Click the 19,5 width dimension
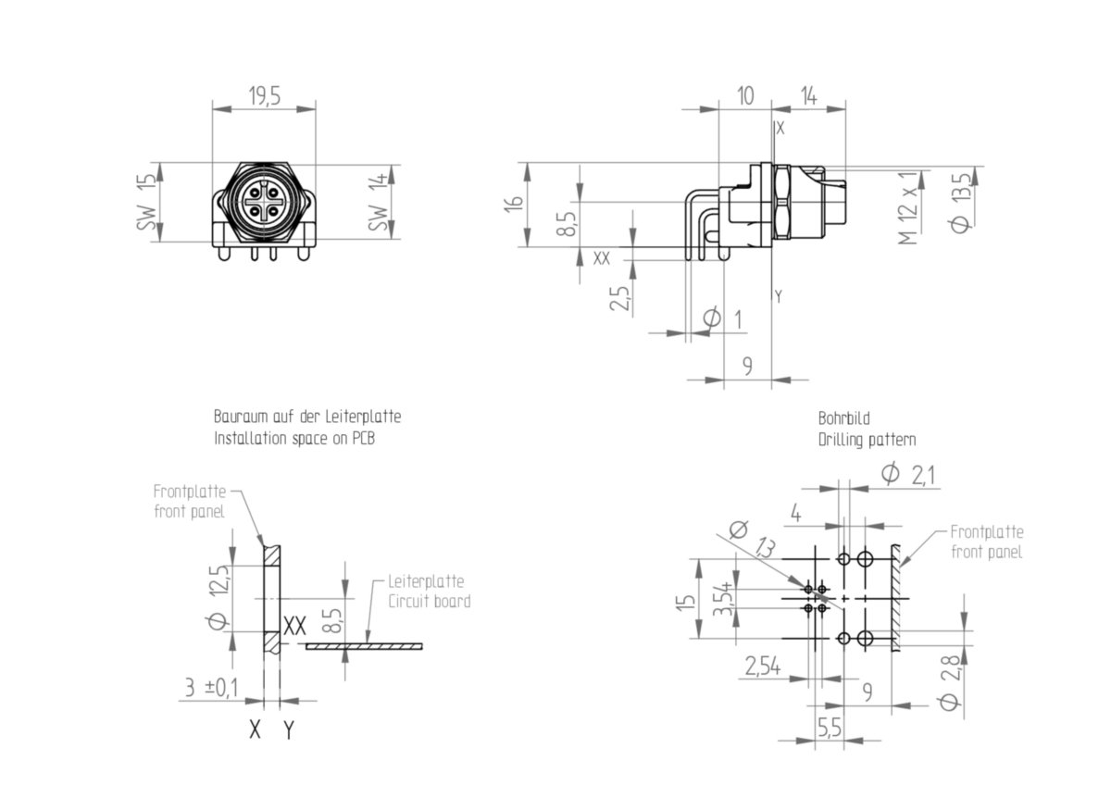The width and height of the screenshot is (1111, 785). (265, 95)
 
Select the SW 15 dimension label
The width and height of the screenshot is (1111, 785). (147, 202)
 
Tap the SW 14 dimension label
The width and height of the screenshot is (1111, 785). (378, 202)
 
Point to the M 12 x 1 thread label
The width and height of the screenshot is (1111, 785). (908, 208)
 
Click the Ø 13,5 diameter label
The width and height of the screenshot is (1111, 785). (961, 203)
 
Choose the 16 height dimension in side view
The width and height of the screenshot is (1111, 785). (514, 204)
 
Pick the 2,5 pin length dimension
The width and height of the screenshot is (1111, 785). (619, 298)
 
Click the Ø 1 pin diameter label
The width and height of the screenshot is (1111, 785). (724, 318)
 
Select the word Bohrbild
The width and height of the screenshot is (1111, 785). (843, 418)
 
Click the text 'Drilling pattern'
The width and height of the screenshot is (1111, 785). (867, 440)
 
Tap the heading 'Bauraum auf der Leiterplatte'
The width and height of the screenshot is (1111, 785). (307, 417)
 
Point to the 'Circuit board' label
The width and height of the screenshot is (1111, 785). (430, 602)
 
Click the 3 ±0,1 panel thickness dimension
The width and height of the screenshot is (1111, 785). (212, 688)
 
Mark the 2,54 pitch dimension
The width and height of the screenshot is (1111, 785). (763, 666)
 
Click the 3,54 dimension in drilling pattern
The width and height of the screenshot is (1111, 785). (724, 599)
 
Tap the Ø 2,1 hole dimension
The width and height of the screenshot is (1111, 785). (909, 474)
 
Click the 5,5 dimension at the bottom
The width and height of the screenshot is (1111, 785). (830, 728)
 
